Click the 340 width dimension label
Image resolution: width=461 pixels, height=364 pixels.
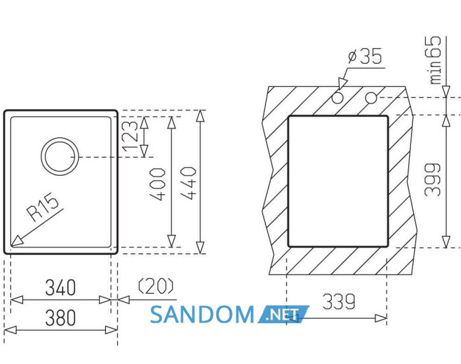61,288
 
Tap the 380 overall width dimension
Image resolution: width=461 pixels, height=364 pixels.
61,317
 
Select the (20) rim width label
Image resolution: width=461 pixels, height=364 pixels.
156,286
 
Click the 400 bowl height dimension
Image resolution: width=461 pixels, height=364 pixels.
157,184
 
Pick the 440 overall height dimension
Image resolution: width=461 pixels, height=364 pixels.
188,184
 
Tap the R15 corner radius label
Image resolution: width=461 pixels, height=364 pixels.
43,207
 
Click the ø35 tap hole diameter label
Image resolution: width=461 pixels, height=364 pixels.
365,56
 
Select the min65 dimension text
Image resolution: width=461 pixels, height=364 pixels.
435,60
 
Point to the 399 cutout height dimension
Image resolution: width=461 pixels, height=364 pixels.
433,180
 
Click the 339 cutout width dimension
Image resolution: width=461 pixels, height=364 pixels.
339,301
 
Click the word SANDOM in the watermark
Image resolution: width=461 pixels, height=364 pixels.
202,315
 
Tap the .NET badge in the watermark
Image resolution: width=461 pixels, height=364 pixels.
284,315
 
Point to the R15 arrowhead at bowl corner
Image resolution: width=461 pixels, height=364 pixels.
16,241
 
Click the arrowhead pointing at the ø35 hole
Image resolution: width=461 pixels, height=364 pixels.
342,84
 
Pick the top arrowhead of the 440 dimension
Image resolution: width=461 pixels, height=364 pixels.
200,116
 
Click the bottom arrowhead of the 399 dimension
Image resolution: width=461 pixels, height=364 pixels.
447,242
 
